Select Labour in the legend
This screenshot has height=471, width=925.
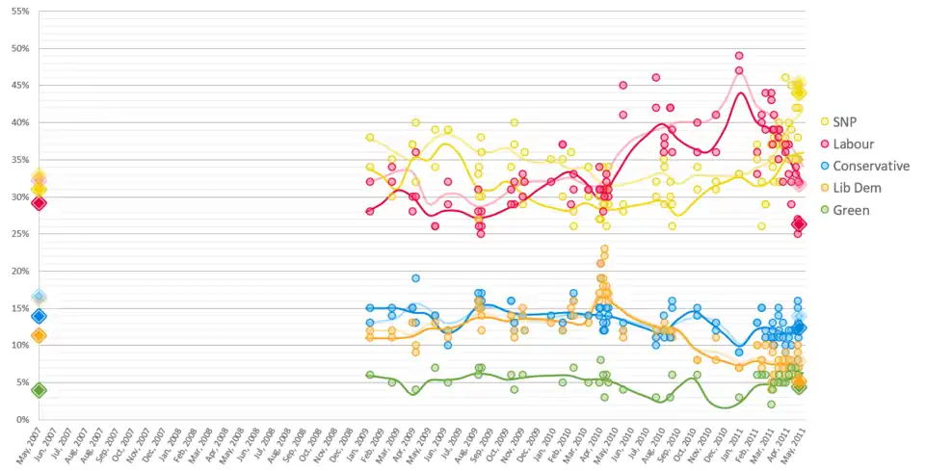tap(861, 144)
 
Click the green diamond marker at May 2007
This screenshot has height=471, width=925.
tap(39, 390)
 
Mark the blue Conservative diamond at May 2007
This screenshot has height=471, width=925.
tap(39, 316)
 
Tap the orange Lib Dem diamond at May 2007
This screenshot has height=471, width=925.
tap(39, 336)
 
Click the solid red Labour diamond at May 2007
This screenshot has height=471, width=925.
tap(39, 203)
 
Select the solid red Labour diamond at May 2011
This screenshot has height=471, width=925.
tap(799, 223)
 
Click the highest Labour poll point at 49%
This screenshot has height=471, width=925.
tap(739, 56)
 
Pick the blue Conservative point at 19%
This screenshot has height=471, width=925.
tap(415, 278)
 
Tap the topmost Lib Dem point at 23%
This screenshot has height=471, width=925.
tap(604, 249)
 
